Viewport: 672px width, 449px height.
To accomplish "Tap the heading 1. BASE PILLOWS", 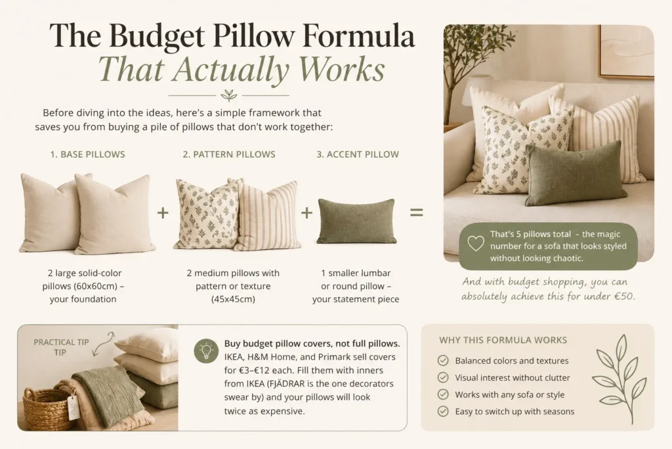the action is [x=87, y=154].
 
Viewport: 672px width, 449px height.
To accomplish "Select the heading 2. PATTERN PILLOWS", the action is [x=229, y=154].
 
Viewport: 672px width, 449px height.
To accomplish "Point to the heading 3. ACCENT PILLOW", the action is [x=358, y=154].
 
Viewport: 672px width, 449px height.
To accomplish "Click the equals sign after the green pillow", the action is [x=417, y=212].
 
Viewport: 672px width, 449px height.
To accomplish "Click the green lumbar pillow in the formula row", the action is [x=356, y=221].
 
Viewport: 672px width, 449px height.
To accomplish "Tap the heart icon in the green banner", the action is [x=475, y=243].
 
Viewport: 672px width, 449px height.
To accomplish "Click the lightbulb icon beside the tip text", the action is [x=206, y=351].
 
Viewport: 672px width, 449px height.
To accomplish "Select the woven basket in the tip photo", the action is [x=45, y=410].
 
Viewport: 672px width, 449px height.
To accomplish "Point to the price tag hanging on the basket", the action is [x=73, y=406].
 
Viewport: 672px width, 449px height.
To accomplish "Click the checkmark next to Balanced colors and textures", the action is [x=443, y=360].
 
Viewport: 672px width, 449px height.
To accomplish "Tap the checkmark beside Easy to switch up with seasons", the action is [x=443, y=412].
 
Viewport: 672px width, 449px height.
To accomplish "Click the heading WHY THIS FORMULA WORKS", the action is [x=503, y=340].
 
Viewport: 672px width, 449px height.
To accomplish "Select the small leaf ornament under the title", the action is [x=229, y=95].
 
